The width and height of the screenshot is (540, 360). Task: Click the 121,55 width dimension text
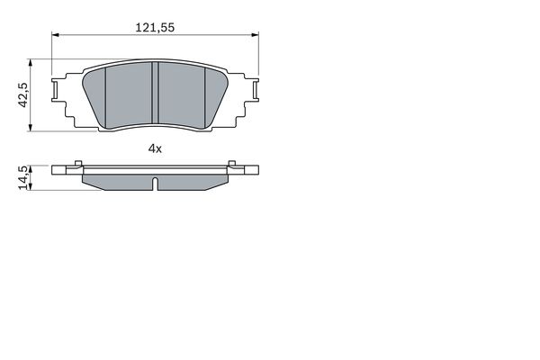pos(155,28)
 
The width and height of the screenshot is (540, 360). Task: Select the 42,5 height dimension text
pos(24,95)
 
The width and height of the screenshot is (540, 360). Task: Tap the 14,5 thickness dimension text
pos(24,177)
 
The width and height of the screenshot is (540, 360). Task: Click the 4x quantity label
pos(155,148)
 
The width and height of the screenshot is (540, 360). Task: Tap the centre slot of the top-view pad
pos(155,94)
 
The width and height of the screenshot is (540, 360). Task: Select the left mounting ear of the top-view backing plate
pos(60,91)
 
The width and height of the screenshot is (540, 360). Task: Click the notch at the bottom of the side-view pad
pos(155,185)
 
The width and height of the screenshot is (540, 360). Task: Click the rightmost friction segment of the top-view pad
pos(216,94)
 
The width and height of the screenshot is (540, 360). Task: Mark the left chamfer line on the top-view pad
pos(106,94)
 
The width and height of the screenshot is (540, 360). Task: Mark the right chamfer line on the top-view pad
pos(204,94)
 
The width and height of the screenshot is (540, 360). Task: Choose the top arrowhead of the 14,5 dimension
pos(33,167)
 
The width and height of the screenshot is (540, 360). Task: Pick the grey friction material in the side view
pos(117,179)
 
